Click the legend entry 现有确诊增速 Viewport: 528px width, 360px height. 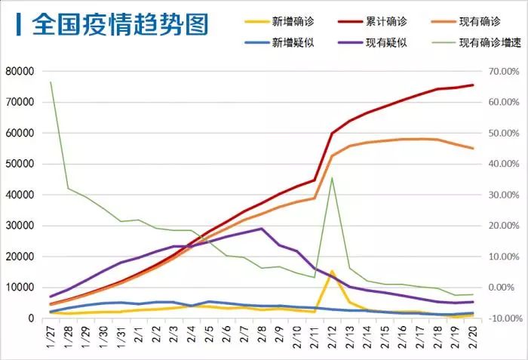(483, 42)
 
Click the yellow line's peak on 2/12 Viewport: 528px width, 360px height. (333, 271)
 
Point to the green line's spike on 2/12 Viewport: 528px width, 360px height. (333, 178)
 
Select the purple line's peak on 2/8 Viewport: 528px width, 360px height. (262, 229)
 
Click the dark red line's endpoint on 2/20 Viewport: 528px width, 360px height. (474, 85)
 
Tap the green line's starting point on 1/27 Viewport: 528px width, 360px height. (51, 82)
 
